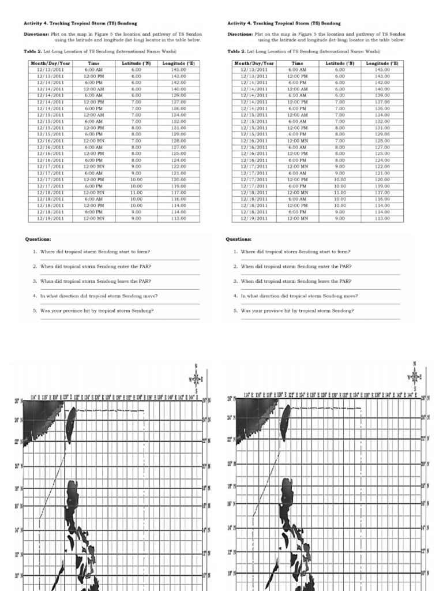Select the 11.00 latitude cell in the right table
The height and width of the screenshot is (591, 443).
coord(340,193)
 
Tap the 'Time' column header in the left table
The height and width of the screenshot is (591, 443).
coord(93,63)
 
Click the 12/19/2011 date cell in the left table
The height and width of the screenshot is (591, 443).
coord(51,219)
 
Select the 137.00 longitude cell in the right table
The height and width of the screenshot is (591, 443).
coord(382,102)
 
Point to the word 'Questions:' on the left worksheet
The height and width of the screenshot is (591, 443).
coord(38,238)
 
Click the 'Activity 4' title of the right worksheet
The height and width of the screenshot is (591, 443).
coord(284,24)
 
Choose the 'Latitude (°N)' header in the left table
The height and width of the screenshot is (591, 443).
coord(136,63)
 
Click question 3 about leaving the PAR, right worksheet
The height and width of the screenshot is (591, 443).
coord(296,281)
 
